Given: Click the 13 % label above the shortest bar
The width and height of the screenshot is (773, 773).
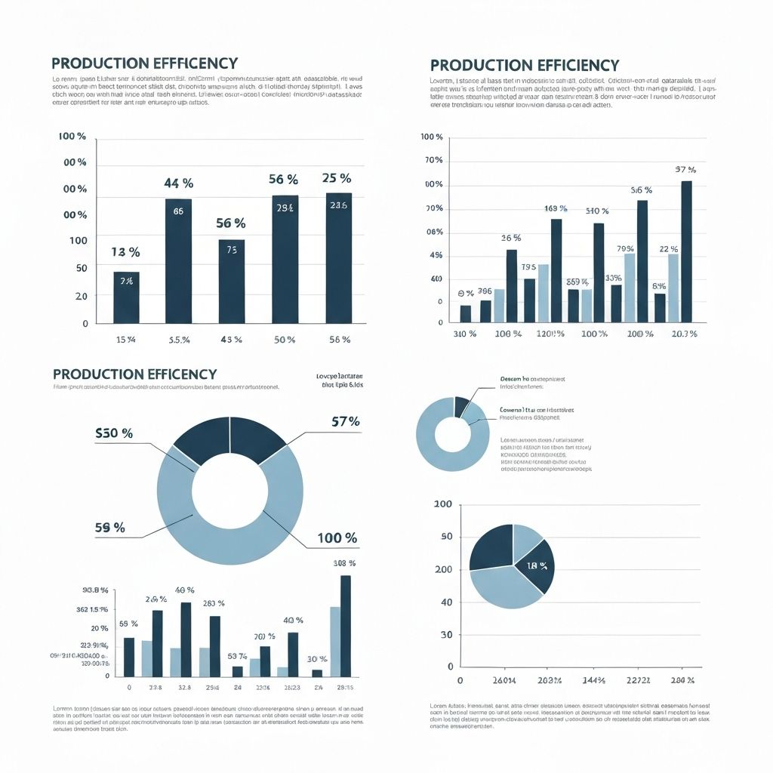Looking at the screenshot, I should tap(125, 252).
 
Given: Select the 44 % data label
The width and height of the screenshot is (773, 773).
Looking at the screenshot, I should tap(179, 183).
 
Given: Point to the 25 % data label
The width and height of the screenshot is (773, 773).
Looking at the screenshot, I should tap(336, 179).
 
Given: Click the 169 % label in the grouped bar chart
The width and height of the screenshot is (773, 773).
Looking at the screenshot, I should tap(556, 208).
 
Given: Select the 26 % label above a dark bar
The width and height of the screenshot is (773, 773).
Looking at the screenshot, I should tap(511, 239).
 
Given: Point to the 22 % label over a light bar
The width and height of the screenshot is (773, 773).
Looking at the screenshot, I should tap(669, 249).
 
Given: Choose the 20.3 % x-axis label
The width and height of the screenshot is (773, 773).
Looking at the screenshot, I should tap(683, 334).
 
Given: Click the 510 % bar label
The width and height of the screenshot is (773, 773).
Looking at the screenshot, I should tap(597, 211).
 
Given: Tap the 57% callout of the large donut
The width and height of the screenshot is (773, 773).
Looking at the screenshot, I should tap(345, 422).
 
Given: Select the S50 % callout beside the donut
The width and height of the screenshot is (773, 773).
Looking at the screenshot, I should tap(114, 433).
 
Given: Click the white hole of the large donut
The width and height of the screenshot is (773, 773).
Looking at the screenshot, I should tap(229, 491).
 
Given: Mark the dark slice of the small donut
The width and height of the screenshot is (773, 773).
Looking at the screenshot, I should tap(461, 406).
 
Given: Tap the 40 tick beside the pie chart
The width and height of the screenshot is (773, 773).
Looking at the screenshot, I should tap(445, 602).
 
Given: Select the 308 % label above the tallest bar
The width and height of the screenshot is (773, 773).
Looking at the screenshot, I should tap(344, 563).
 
